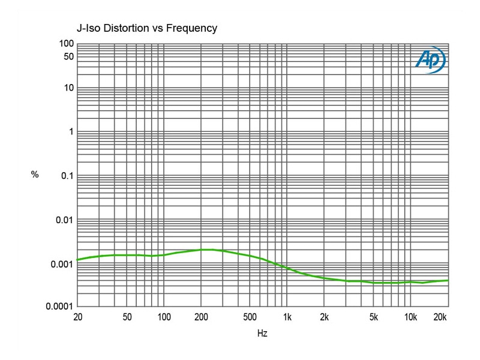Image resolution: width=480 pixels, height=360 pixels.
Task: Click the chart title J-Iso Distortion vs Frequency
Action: click(x=146, y=28)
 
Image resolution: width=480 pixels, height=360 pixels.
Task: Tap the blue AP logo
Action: click(x=430, y=60)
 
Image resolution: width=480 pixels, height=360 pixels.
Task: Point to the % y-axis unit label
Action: click(x=35, y=175)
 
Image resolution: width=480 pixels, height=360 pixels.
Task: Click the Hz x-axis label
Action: click(x=263, y=332)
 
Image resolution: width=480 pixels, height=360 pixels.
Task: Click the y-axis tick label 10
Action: click(x=68, y=88)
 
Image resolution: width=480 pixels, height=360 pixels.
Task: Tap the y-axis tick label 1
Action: click(x=71, y=132)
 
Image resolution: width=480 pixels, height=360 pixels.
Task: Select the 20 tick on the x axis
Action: click(x=77, y=316)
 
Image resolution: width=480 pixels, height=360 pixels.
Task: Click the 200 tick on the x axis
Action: click(x=201, y=316)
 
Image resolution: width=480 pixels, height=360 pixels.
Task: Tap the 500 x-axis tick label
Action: click(x=250, y=316)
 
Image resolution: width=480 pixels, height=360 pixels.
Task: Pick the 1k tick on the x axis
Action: click(x=287, y=316)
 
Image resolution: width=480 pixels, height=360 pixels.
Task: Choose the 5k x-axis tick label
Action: click(x=374, y=316)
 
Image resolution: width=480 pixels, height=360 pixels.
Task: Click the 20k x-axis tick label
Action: click(x=440, y=316)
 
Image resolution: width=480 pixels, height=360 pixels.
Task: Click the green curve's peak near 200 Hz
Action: click(x=204, y=250)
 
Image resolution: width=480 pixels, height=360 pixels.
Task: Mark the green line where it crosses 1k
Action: click(x=287, y=268)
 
